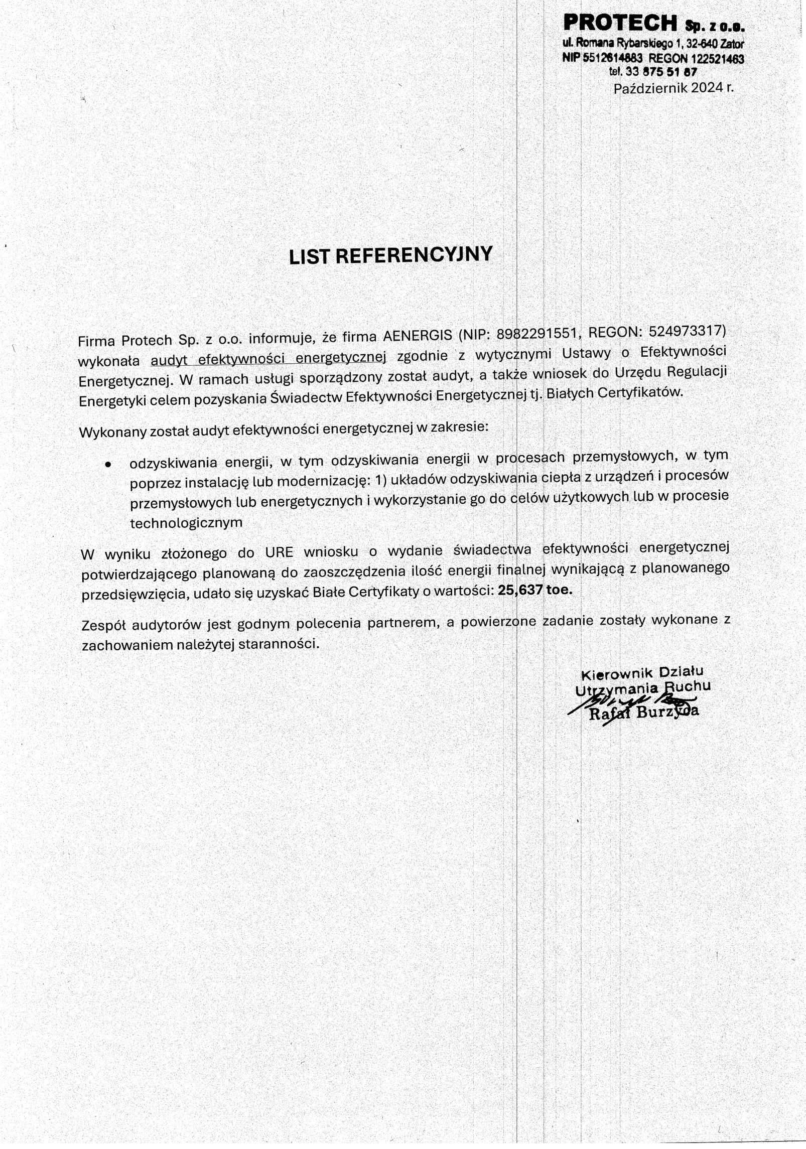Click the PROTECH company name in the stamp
tap(620, 23)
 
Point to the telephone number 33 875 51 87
tap(661, 72)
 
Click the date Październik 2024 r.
tap(673, 88)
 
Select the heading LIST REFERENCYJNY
tap(390, 255)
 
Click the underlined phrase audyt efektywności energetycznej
tap(268, 358)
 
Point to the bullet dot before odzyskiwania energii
tap(107, 465)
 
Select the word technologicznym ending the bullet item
tap(186, 523)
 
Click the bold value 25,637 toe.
tap(534, 590)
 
